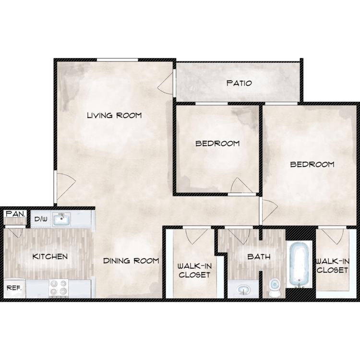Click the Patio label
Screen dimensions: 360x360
click(x=239, y=83)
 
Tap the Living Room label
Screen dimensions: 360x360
click(x=114, y=115)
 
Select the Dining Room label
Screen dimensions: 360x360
click(x=131, y=261)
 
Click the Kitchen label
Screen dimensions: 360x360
click(x=50, y=256)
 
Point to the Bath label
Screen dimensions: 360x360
click(x=259, y=256)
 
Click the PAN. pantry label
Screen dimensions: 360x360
click(x=15, y=214)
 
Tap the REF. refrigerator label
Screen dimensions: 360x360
click(x=14, y=288)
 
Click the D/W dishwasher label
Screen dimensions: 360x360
click(x=41, y=219)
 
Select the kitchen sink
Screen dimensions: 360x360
click(x=61, y=219)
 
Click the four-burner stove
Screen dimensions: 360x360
click(x=59, y=288)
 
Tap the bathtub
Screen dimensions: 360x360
click(x=299, y=264)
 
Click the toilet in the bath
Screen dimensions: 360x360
click(x=275, y=288)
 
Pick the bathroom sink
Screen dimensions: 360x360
click(x=243, y=290)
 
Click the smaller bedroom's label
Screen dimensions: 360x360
click(x=217, y=144)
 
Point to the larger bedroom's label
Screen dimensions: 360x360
click(x=312, y=164)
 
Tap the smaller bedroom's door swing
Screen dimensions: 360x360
click(x=241, y=185)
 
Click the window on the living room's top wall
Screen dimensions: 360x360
click(x=117, y=60)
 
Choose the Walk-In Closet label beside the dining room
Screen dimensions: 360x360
click(x=194, y=270)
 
